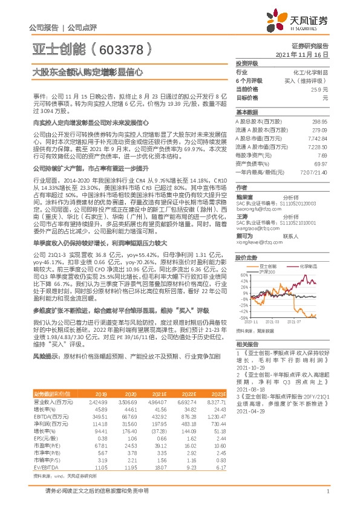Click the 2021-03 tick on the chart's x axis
281,322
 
